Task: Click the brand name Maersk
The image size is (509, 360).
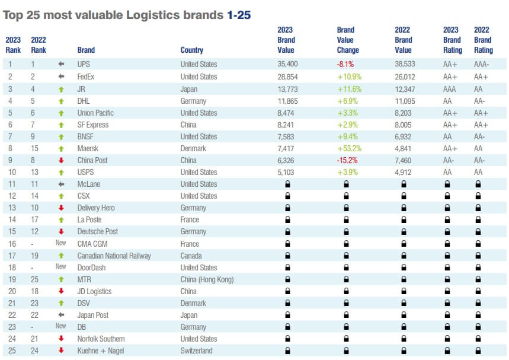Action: point(88,148)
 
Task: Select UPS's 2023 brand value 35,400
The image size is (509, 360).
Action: point(287,64)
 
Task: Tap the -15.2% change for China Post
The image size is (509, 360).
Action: point(349,160)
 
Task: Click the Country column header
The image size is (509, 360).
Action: point(191,50)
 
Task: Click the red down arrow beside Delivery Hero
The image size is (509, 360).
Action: point(61,208)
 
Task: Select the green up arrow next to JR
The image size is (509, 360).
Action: point(61,88)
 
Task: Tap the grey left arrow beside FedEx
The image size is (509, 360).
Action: point(61,77)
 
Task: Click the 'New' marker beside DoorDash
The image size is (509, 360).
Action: point(61,267)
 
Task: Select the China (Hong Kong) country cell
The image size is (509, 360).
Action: point(206,279)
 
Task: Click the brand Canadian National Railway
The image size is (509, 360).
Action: point(114,256)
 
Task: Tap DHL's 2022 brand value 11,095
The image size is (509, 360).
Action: point(405,100)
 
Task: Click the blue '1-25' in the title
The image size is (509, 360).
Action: point(239,15)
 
